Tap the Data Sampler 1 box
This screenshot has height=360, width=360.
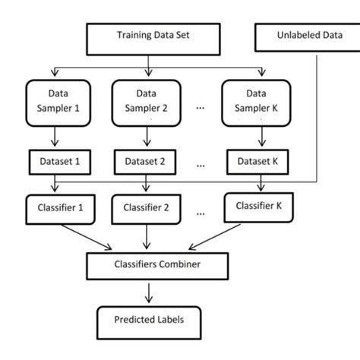click(54, 101)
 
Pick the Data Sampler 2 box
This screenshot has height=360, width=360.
click(145, 101)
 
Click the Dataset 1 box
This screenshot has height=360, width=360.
click(54, 160)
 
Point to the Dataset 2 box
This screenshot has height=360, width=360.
click(145, 160)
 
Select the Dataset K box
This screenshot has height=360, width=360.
click(258, 160)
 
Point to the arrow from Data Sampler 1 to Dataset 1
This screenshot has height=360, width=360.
click(54, 137)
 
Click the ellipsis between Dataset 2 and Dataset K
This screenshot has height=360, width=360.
click(201, 162)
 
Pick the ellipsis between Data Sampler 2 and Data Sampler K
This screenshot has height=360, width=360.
click(201, 107)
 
